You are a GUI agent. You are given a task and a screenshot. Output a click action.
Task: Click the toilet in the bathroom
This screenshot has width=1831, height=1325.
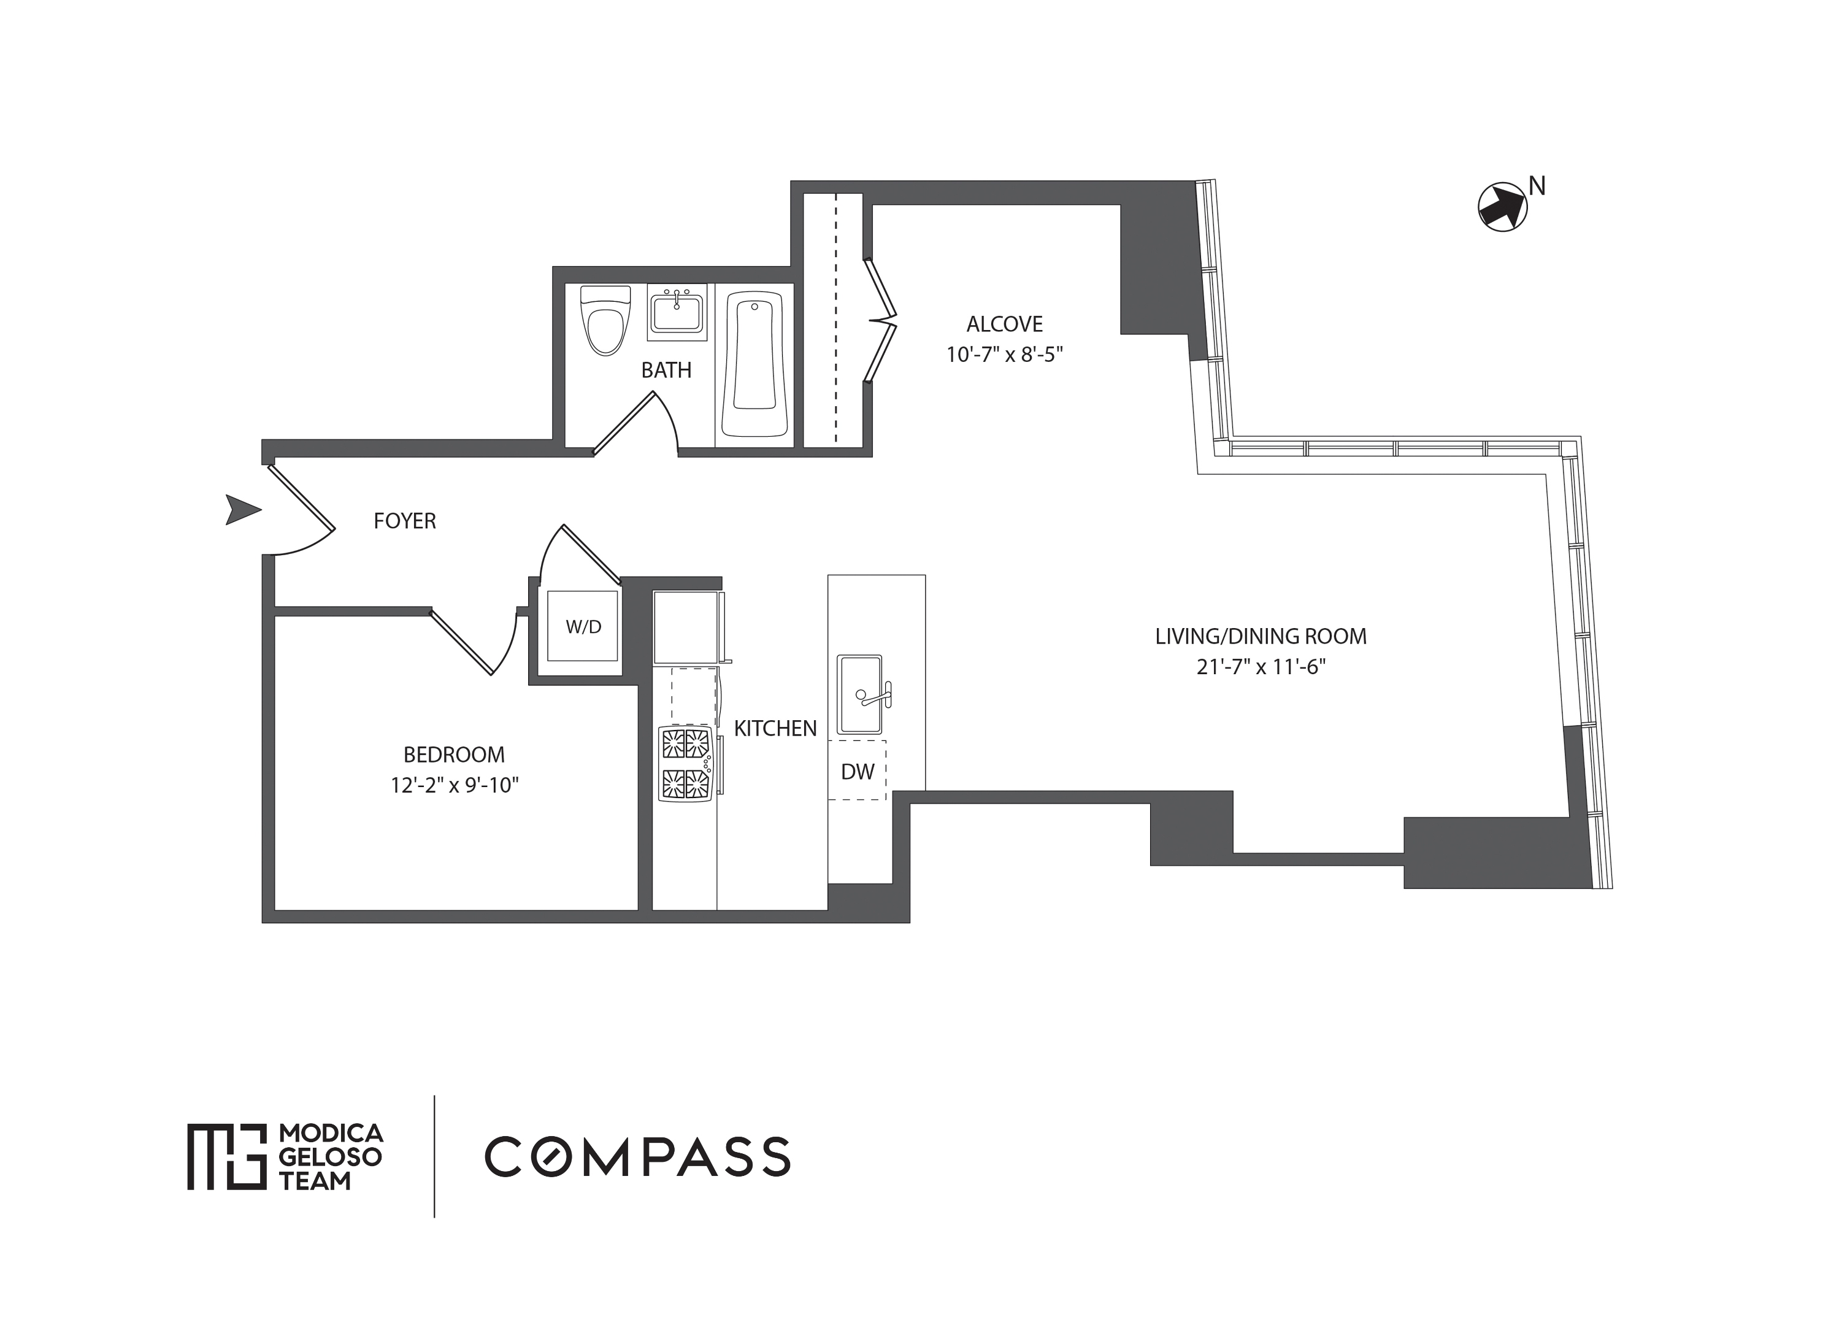[x=605, y=321]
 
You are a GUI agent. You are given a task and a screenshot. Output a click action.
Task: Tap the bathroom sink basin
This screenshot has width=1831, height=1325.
[x=677, y=312]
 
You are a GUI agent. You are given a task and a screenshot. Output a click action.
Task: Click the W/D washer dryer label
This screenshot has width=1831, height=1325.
[x=583, y=626]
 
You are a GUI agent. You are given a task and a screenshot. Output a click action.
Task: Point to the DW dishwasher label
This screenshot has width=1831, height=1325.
[x=858, y=772]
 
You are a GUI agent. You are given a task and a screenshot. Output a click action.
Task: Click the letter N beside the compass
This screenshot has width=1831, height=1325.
[x=1537, y=186]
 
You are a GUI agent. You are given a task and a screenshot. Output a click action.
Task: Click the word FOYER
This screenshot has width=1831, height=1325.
[x=404, y=521]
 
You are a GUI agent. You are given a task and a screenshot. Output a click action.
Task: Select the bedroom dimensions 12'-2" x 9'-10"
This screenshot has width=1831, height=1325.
[x=455, y=785]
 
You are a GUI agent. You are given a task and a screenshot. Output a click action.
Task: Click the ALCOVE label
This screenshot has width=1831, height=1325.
[x=1004, y=324]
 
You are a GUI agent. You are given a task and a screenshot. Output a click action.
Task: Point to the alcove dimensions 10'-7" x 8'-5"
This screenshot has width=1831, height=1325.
[x=1004, y=355]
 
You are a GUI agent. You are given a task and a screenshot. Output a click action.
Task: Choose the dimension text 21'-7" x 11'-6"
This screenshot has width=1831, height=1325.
[x=1261, y=667]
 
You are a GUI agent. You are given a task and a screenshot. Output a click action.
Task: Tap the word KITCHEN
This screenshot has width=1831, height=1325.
[x=775, y=728]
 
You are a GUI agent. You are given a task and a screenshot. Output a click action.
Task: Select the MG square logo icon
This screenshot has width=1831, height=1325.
[x=227, y=1156]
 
